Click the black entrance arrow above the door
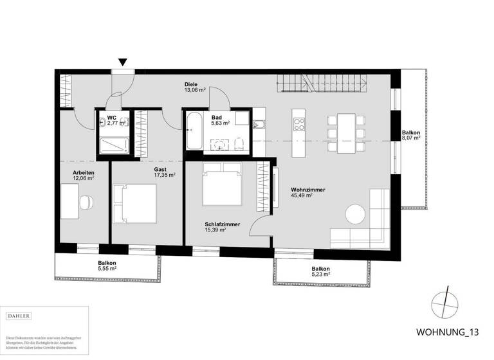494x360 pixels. [122, 62]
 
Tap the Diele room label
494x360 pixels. [190, 84]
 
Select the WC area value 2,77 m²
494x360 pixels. [113, 123]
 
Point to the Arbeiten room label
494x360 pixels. [84, 173]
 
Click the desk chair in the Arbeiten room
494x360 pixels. [86, 201]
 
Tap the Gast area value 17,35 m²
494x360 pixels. [147, 175]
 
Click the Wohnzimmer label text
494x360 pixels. [307, 190]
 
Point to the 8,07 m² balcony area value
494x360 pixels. [410, 138]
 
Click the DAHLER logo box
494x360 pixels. [19, 316]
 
